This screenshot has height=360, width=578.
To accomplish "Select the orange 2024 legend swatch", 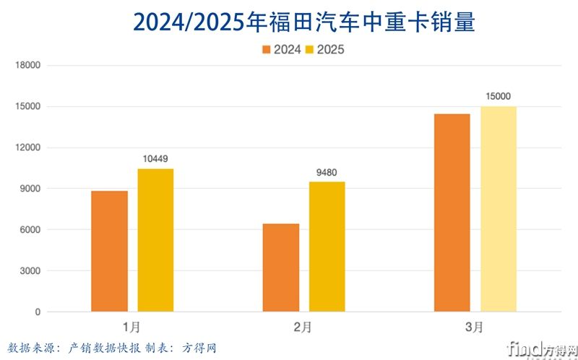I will point(267,50).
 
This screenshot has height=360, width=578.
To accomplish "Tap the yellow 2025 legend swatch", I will point(311,50).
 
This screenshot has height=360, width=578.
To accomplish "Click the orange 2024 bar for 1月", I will point(110,251).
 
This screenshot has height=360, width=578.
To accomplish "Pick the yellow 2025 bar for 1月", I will point(155,240).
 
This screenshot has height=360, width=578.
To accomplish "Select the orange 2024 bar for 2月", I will point(281,267).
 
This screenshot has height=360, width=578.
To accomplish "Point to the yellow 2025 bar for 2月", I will point(327,247).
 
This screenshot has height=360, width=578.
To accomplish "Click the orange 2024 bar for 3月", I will point(452,213).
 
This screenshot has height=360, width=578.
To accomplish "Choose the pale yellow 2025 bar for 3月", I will point(499,209).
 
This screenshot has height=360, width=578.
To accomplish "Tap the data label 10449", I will point(155,159).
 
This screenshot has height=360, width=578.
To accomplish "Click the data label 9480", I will point(327,172).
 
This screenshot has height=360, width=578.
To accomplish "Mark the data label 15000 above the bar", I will point(499,96).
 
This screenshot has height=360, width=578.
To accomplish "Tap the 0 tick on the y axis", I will point(38,312).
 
